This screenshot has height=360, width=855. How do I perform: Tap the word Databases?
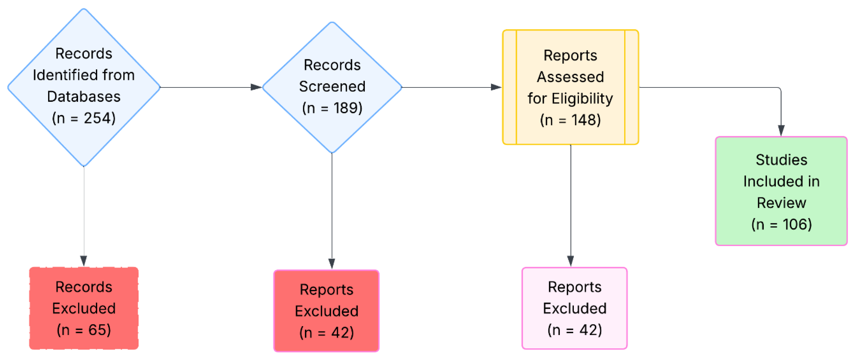point(84,96)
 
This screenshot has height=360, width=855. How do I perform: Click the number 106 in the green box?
point(797,224)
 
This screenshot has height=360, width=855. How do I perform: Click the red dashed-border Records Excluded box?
point(84,308)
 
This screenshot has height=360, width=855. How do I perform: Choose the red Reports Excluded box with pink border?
point(326,311)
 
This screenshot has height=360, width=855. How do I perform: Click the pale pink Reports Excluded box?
point(574,308)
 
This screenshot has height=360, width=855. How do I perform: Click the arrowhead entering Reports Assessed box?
point(496,87)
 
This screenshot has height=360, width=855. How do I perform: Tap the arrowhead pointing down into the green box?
point(781,130)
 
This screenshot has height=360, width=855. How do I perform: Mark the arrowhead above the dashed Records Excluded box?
point(84,260)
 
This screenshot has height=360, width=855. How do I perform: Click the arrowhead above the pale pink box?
point(570,260)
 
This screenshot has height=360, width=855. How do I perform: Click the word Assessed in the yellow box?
point(570,77)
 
